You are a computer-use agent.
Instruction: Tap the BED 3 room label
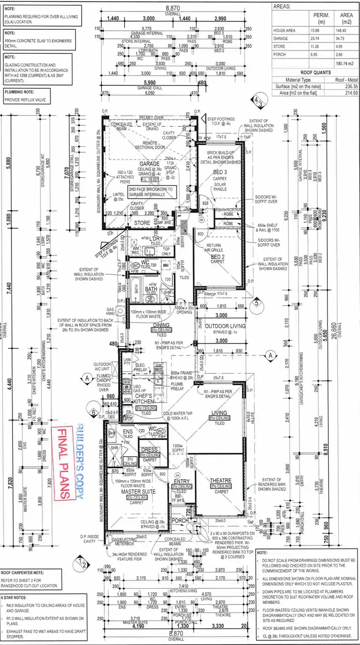point(220,171)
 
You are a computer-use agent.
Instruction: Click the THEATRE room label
point(220,480)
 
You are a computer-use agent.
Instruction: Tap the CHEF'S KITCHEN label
point(144,398)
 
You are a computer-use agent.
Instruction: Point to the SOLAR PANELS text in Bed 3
point(220,187)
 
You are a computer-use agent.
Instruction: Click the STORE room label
point(142,223)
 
